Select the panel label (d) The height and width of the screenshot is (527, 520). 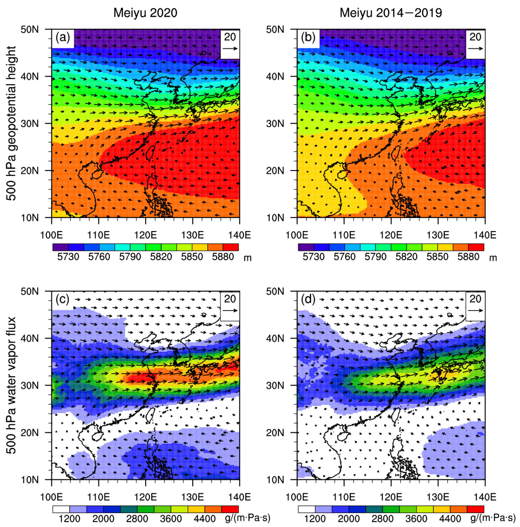tap(308, 299)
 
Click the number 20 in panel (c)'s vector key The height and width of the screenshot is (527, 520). tap(230, 299)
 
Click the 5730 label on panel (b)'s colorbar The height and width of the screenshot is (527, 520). tap(314, 257)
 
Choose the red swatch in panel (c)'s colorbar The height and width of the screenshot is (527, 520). tap(230, 509)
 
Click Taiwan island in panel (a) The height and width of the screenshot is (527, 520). tap(150, 153)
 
